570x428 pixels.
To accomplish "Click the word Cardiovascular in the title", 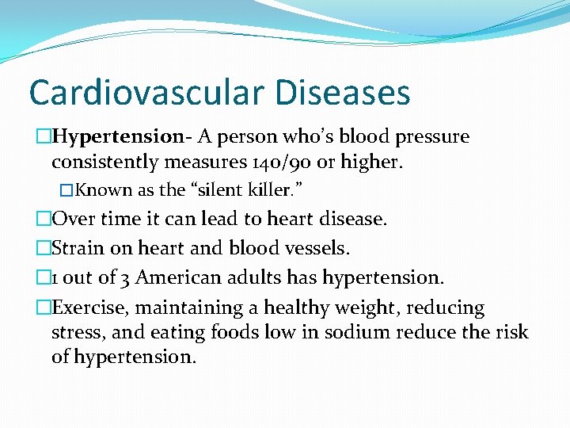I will (x=142, y=93).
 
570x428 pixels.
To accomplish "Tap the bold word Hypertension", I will (x=118, y=137).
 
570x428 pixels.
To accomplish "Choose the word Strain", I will (x=78, y=248).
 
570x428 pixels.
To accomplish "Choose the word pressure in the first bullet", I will (x=431, y=137).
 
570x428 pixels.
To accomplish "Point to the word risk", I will (x=512, y=332).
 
